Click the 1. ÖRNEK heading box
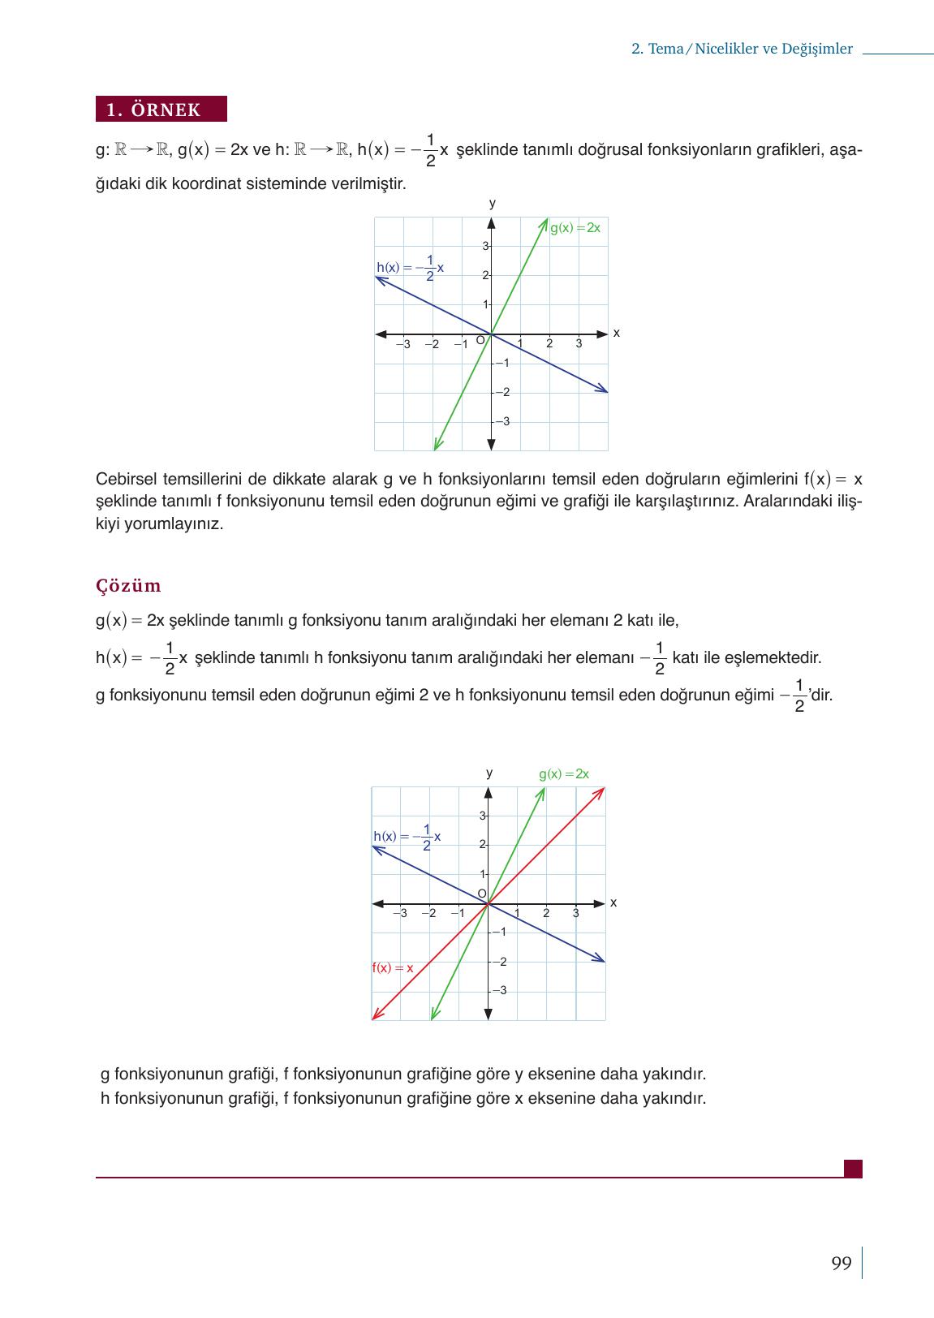[161, 110]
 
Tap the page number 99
[841, 1264]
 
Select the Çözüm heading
[128, 586]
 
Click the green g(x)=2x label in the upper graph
[575, 228]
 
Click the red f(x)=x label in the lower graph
[393, 968]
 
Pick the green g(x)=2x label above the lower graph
[564, 774]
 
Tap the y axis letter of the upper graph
[492, 203]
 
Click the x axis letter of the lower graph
[613, 902]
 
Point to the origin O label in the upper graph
[480, 340]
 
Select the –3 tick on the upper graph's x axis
[403, 344]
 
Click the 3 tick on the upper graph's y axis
[484, 246]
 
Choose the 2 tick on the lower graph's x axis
[546, 914]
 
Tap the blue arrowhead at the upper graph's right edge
[604, 390]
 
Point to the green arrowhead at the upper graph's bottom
[436, 445]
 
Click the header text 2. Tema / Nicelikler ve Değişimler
[742, 49]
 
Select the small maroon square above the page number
[853, 1169]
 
